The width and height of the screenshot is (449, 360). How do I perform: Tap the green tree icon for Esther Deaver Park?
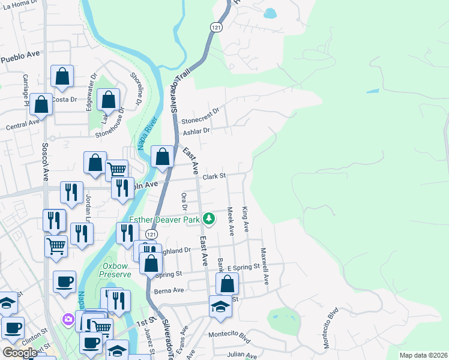pyautogui.click(x=209, y=218)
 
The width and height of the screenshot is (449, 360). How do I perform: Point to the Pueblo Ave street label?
pyautogui.click(x=20, y=57)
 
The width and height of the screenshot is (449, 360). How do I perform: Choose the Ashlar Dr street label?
pyautogui.click(x=197, y=131)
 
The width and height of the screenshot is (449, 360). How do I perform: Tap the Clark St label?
pyautogui.click(x=213, y=176)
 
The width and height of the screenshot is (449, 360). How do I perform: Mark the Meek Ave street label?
pyautogui.click(x=231, y=221)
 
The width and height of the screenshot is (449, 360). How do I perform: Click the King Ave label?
pyautogui.click(x=246, y=220)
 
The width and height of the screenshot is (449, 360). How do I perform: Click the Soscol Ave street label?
pyautogui.click(x=45, y=161)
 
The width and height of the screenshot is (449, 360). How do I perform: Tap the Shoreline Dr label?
pyautogui.click(x=136, y=88)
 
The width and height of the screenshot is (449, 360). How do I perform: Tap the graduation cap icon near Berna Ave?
pyautogui.click(x=220, y=307)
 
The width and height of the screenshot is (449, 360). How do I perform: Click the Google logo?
pyautogui.click(x=20, y=353)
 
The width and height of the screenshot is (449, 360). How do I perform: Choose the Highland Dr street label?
pyautogui.click(x=178, y=250)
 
